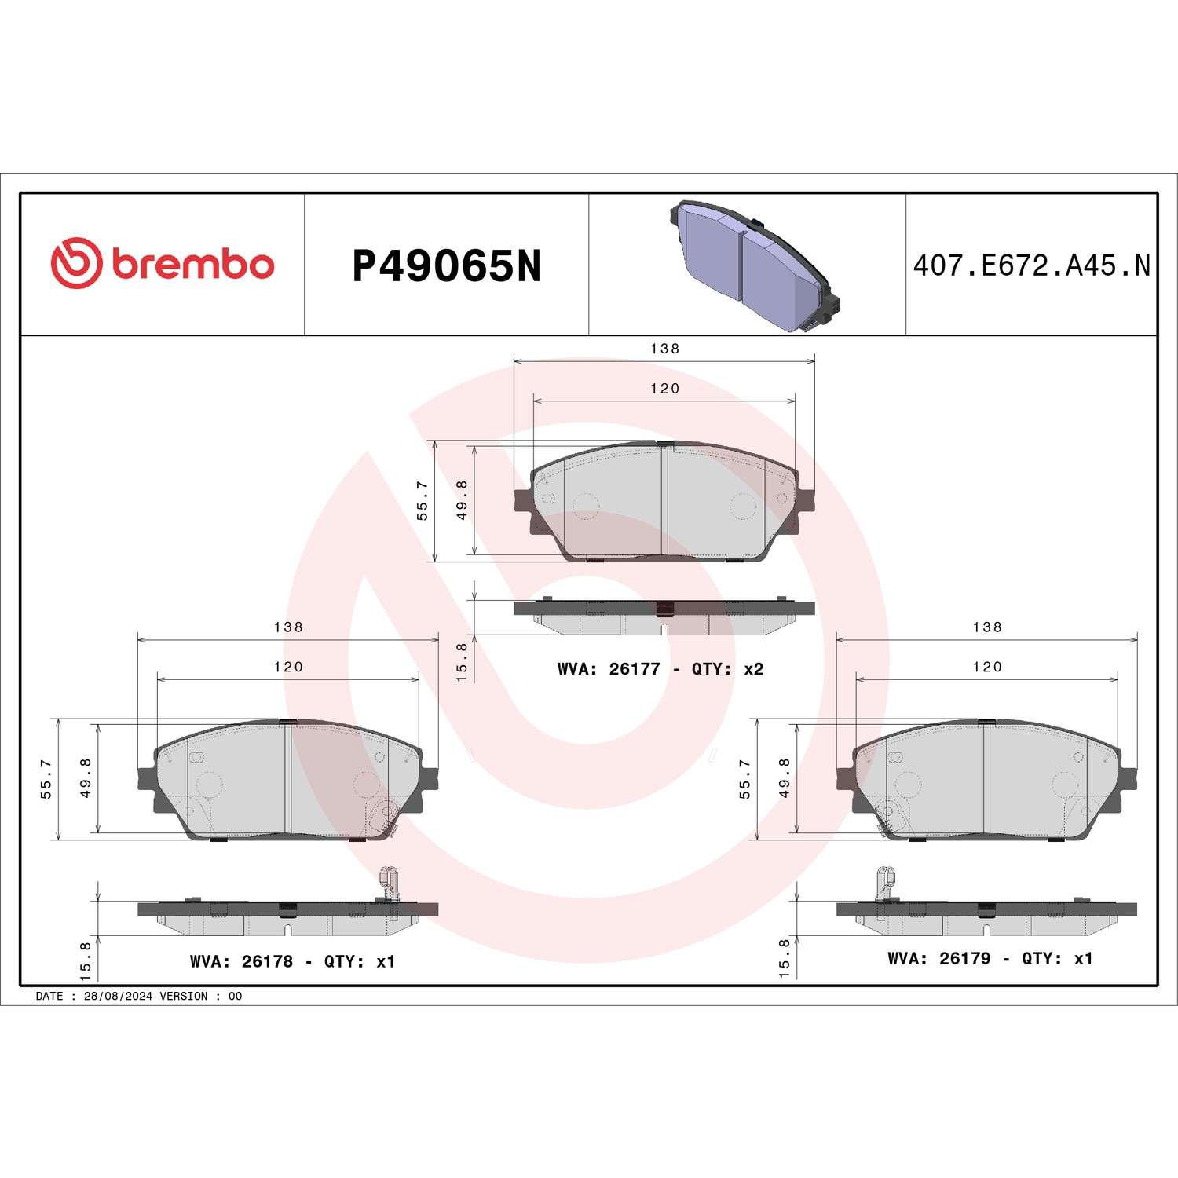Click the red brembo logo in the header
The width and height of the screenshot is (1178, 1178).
(x=163, y=263)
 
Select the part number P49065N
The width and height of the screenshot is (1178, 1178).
(x=446, y=266)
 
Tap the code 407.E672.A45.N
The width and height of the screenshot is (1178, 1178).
(x=1031, y=265)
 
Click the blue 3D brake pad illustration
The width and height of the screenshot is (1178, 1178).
(x=753, y=265)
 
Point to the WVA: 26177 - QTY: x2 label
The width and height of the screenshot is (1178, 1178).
(x=660, y=669)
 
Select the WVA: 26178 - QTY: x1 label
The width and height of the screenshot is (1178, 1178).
(x=292, y=961)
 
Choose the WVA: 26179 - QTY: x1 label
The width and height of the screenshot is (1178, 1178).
(x=990, y=958)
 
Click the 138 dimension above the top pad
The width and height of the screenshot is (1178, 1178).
(x=664, y=349)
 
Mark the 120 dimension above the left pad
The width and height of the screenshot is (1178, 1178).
(x=288, y=667)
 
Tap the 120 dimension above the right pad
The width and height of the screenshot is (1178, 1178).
(x=987, y=667)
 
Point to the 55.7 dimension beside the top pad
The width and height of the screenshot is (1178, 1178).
(x=423, y=500)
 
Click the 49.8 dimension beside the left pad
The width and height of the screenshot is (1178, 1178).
(x=86, y=777)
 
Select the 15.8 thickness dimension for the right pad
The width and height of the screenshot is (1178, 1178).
(x=784, y=957)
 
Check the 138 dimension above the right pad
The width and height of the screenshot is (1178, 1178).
(x=987, y=627)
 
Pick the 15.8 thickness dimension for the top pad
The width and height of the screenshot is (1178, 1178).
(x=462, y=661)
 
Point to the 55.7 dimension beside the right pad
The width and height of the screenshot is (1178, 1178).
(x=744, y=779)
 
